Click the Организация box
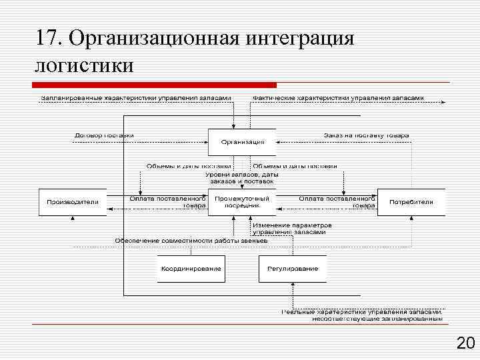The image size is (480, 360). pos(243,141)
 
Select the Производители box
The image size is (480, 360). pos(72,201)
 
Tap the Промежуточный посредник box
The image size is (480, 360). pos(242,201)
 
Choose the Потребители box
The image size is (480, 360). pos(411,201)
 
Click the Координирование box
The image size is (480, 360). pos(191,269)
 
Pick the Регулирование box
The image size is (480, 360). pos(293,269)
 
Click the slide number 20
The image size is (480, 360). pos(464,344)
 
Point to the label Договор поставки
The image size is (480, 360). pos(104,135)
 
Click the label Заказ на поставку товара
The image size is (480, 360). pos(366,135)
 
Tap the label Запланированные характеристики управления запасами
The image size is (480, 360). pos(136,97)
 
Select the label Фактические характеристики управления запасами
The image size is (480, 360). pos(338,97)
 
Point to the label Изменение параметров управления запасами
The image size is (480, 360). pos(292,228)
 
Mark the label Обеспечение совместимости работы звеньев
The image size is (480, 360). pos(191,240)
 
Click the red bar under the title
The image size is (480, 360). pos(154,85)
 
